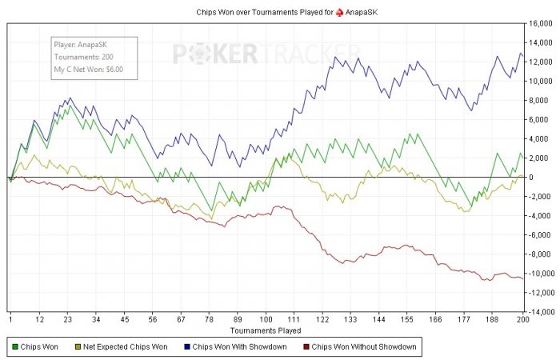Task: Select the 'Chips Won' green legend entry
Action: point(38,347)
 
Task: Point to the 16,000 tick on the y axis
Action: point(542,24)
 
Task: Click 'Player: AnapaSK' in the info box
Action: point(81,46)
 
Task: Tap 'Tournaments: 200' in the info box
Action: point(83,58)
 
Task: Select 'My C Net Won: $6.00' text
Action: point(89,70)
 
